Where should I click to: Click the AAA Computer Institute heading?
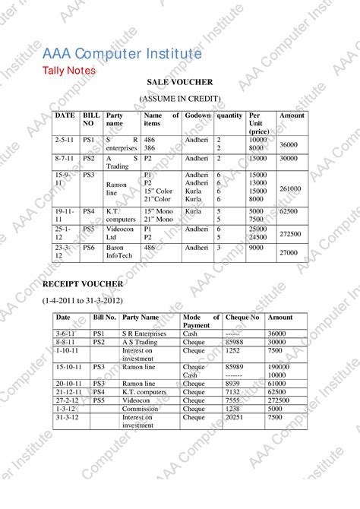[x=122, y=54]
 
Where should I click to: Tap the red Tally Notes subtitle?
[x=69, y=71]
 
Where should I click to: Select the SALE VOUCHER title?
[x=180, y=82]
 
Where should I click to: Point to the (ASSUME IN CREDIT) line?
[x=180, y=99]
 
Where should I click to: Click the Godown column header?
[x=197, y=115]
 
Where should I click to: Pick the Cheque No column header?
[x=242, y=318]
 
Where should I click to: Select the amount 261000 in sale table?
[x=290, y=188]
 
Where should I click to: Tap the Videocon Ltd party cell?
[x=120, y=232]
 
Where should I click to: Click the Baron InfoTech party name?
[x=122, y=251]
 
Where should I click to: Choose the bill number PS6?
[x=89, y=247]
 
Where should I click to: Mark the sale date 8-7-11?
[x=64, y=158]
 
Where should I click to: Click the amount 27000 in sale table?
[x=289, y=252]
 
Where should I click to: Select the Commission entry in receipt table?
[x=141, y=409]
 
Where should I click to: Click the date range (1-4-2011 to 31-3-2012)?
[x=82, y=301]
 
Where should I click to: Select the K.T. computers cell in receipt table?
[x=144, y=392]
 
